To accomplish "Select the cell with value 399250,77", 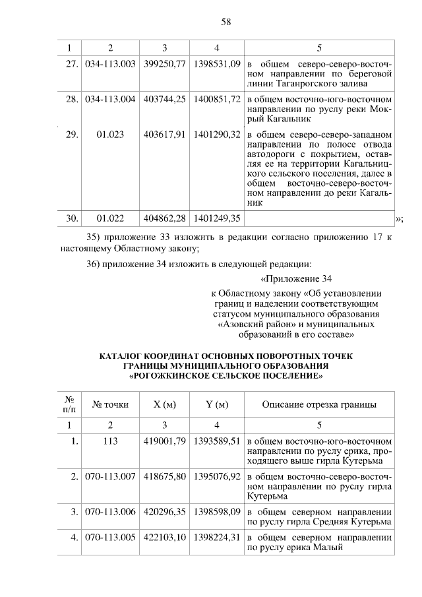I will click(164, 63).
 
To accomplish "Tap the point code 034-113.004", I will click(111, 99).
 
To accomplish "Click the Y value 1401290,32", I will click(217, 135).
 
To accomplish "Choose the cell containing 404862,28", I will click(164, 217).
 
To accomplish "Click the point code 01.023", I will click(111, 135).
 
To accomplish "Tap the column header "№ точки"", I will click(111, 404).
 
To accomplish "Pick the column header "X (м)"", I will click(164, 404).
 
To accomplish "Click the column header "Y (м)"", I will click(217, 404).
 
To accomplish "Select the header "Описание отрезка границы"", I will click(319, 404).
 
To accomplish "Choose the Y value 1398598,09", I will click(217, 512).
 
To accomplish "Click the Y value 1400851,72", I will click(217, 99).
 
